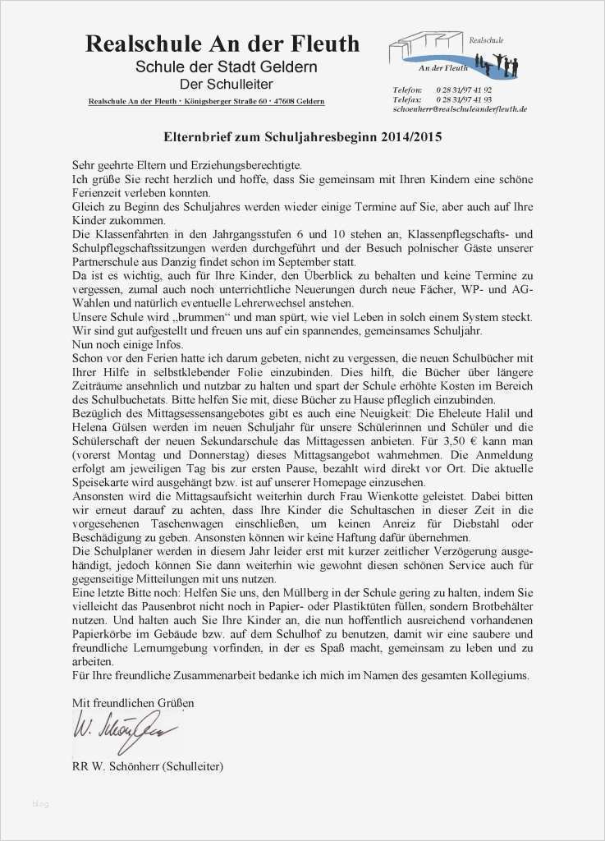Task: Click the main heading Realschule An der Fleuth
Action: coord(222,44)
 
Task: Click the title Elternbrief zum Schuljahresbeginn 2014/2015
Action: coord(301,137)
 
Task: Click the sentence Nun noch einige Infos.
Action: coord(127,343)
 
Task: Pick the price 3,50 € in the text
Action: coord(453,440)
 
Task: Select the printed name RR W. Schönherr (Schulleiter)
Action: coord(148,766)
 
